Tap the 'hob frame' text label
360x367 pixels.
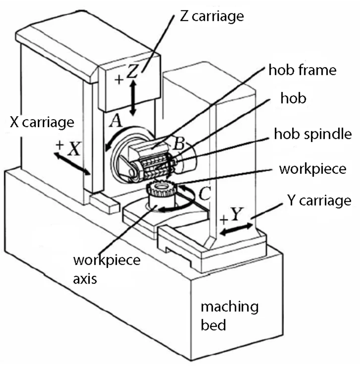pos(302,70)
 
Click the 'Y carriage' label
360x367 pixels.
pos(319,200)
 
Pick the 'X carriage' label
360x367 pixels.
pos(42,122)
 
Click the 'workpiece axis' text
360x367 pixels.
pos(106,268)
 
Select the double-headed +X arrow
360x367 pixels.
pos(72,164)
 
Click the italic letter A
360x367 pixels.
pos(115,122)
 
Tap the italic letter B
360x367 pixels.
pos(179,144)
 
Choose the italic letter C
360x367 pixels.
pos(204,195)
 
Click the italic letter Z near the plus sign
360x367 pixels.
pos(132,72)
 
